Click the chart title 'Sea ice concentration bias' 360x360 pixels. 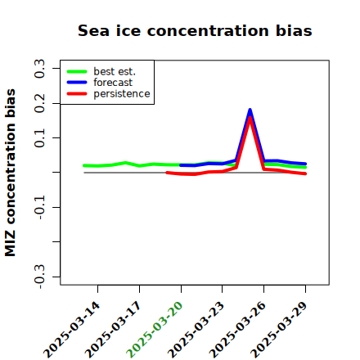point(195,30)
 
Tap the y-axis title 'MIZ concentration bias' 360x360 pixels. point(10,173)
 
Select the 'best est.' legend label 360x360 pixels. point(115,71)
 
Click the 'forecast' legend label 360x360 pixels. point(113,83)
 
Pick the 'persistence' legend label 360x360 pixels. point(122,94)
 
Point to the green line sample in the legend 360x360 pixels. point(77,71)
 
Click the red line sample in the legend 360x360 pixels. point(77,94)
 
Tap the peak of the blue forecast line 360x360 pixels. point(250,110)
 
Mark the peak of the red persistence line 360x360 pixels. point(250,118)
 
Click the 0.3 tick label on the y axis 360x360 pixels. point(39,68)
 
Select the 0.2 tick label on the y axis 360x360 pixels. point(39,103)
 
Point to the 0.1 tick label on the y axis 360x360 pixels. point(39,138)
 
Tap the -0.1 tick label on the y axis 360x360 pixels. point(39,208)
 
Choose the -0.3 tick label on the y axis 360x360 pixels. point(39,277)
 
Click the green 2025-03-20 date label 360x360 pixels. point(155,330)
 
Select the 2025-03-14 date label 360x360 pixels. point(71,330)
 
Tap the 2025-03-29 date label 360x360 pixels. point(279,330)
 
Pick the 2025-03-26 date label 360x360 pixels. point(237,330)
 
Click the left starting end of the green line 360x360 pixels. point(84,165)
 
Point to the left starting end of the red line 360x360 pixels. point(167,173)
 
